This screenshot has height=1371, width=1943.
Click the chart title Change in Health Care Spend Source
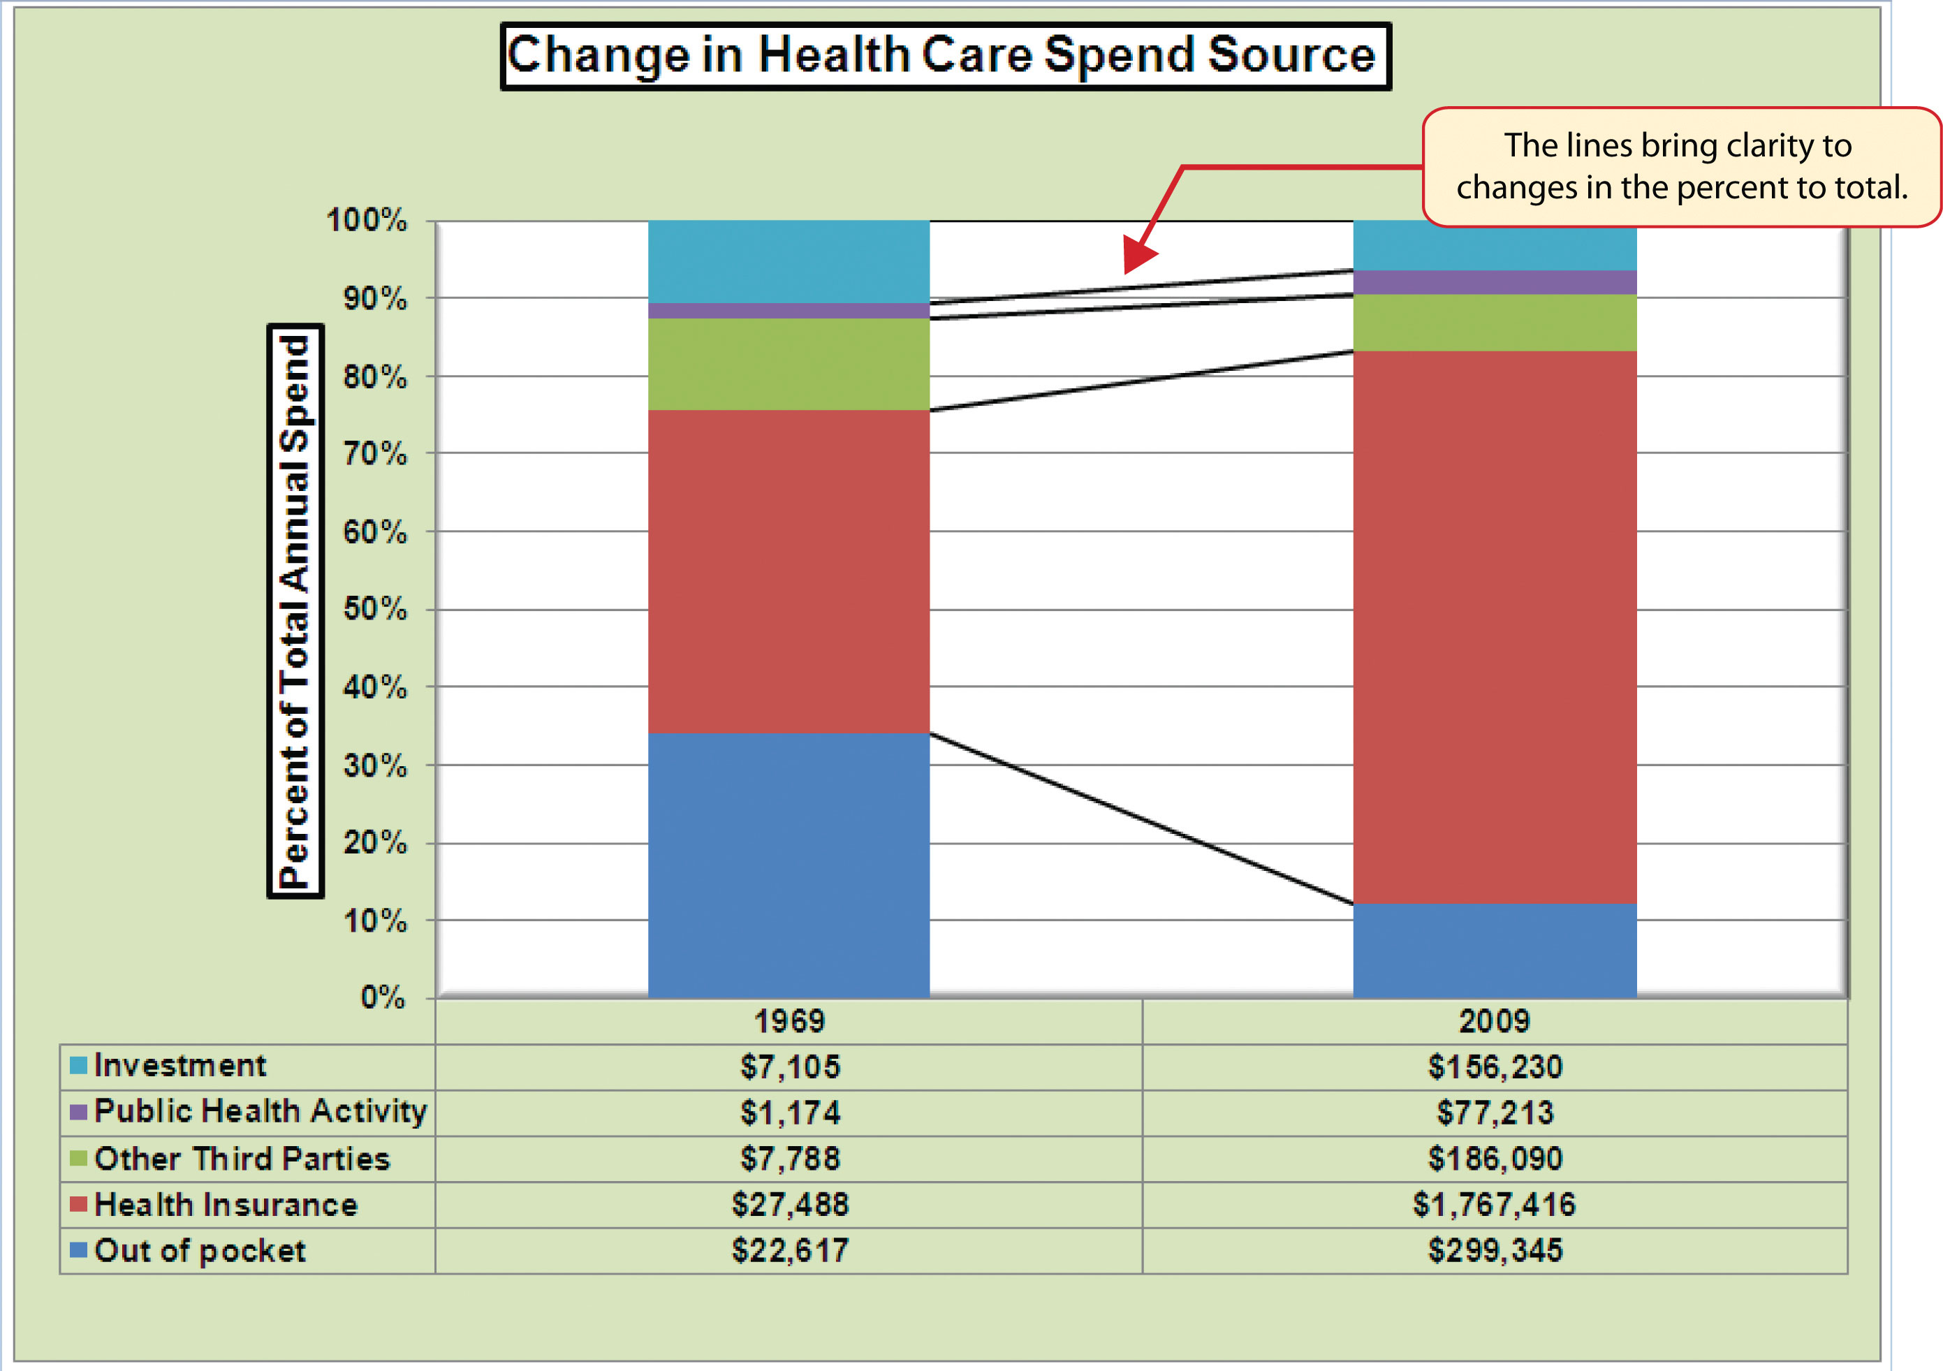(x=944, y=56)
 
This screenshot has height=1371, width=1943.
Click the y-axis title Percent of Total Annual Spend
(x=295, y=611)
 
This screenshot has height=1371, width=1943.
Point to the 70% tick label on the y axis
(x=374, y=455)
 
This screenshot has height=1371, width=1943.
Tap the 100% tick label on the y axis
(x=367, y=220)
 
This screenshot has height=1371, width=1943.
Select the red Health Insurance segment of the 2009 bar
(x=1494, y=626)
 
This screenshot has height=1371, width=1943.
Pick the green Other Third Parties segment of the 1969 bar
(x=788, y=364)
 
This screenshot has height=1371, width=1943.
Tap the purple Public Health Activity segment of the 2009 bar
(x=1494, y=283)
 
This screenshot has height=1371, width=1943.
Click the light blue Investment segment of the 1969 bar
(x=788, y=261)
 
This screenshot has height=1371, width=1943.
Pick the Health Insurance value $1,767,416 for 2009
(x=1494, y=1204)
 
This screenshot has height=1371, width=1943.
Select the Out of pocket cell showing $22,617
(x=789, y=1250)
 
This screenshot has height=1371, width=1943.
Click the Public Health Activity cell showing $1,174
(x=789, y=1113)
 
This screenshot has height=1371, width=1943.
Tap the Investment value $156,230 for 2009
(x=1494, y=1067)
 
